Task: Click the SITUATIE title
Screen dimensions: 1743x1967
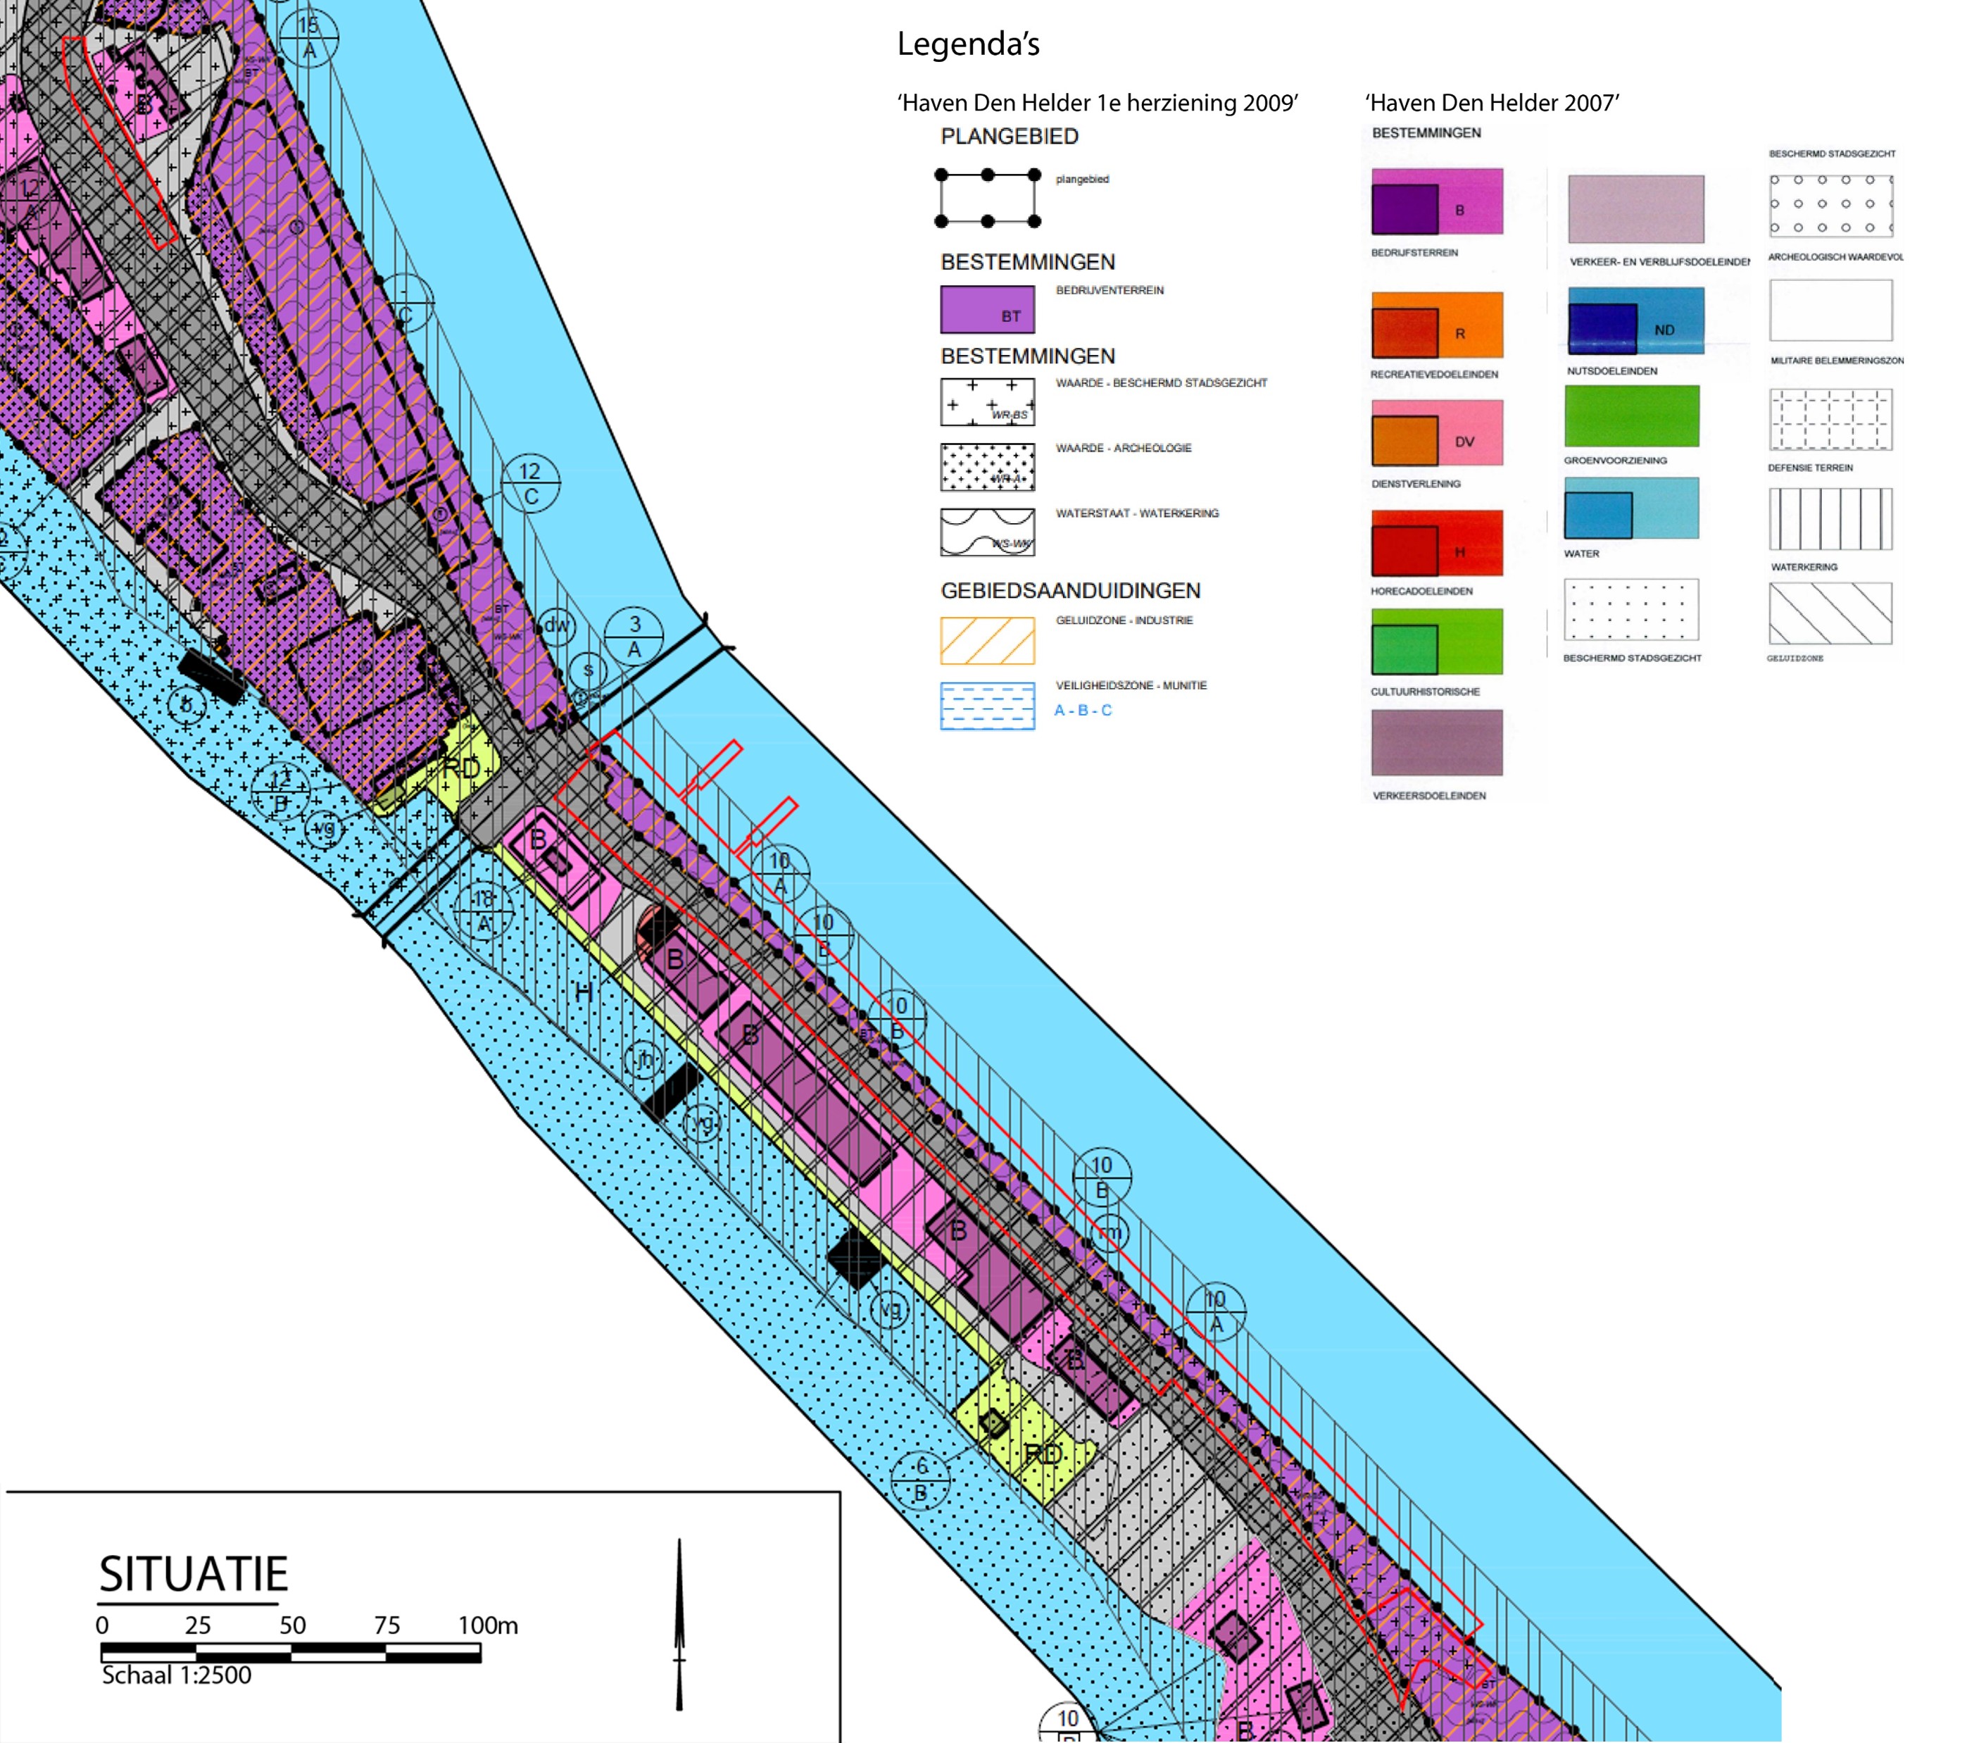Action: point(194,1573)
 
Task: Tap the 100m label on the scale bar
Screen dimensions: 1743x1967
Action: point(488,1625)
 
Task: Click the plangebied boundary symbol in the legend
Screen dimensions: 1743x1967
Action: point(987,199)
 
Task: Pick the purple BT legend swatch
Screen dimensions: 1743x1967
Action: point(987,309)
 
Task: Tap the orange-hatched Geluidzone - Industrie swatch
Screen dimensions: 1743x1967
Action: point(987,641)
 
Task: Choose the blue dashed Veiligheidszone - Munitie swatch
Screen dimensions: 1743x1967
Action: point(987,706)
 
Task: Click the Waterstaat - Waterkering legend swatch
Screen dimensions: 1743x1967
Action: point(987,532)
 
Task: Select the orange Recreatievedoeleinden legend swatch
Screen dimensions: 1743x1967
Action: point(1437,325)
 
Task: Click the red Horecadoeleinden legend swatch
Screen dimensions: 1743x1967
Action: point(1437,543)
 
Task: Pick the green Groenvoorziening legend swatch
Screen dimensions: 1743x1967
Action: point(1631,416)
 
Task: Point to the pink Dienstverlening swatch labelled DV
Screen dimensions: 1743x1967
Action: point(1437,434)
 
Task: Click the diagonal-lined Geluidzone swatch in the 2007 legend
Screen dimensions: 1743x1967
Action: point(1830,613)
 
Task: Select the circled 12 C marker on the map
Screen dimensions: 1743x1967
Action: point(530,483)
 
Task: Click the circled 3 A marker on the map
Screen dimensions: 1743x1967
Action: point(634,636)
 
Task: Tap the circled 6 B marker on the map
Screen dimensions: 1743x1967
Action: point(921,1480)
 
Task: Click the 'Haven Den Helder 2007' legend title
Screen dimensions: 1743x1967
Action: point(1492,103)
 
